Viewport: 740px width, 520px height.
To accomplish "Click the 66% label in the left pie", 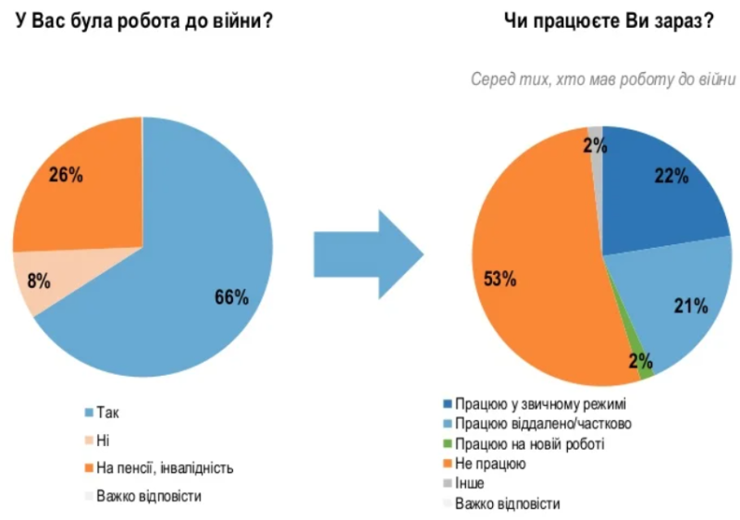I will [230, 297].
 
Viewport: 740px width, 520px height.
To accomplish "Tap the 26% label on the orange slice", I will [65, 176].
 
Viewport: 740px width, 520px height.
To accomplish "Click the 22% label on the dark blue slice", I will [671, 176].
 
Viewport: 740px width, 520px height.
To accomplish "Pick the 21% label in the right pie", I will [689, 305].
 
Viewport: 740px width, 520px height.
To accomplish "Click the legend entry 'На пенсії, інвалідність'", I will [164, 468].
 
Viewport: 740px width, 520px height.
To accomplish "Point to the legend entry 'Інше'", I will [471, 483].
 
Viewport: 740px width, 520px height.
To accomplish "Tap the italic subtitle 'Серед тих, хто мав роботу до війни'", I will [602, 80].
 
